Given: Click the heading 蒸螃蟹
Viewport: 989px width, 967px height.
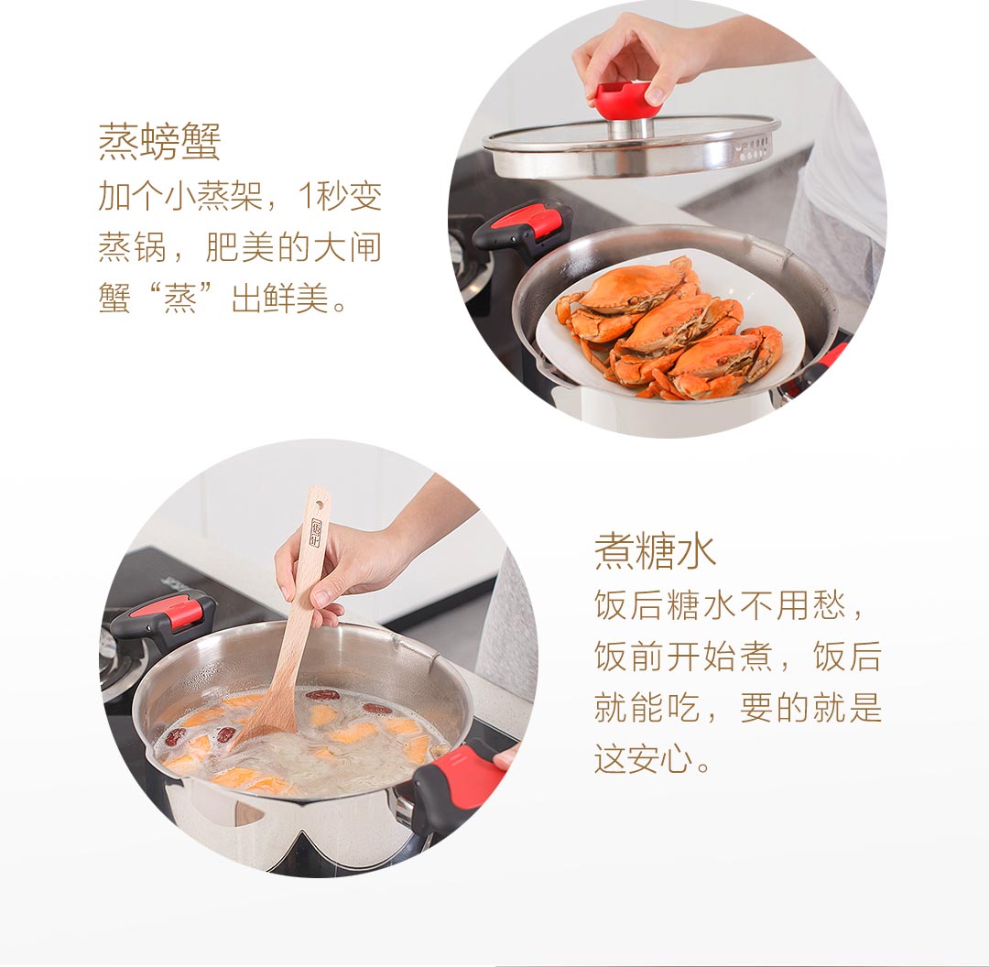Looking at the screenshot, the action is [x=159, y=142].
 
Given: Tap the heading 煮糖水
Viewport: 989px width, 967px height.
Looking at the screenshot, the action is [x=655, y=551].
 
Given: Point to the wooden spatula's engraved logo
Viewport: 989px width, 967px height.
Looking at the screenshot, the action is [x=315, y=533].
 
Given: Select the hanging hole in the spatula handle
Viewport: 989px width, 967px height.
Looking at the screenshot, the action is [x=320, y=504].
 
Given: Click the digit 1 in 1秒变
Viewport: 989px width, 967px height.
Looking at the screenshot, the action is [x=305, y=196].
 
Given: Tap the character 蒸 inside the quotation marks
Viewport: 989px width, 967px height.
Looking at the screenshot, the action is [x=179, y=298].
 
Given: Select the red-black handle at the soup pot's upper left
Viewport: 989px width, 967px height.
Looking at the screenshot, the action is [x=163, y=618].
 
